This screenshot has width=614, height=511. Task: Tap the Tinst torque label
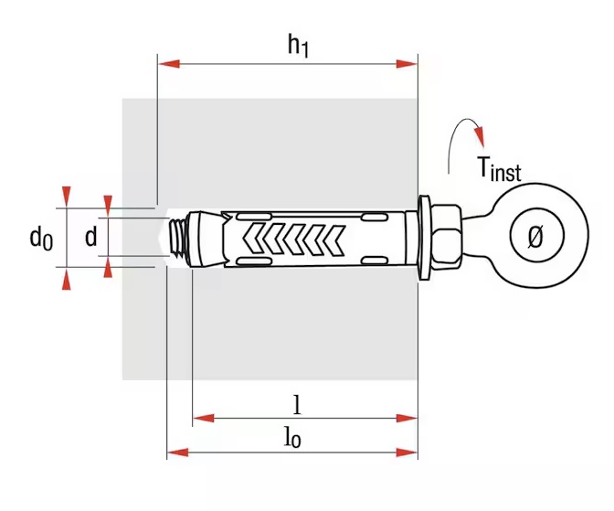click(x=498, y=169)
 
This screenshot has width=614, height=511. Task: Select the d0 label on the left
click(x=40, y=239)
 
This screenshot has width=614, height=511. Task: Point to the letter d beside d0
click(x=90, y=238)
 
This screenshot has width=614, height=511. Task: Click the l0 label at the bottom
click(x=292, y=438)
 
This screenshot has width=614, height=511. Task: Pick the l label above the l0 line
click(x=295, y=402)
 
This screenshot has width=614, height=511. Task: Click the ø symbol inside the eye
click(x=535, y=238)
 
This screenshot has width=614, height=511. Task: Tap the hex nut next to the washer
click(x=447, y=239)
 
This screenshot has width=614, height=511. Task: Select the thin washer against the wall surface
click(x=425, y=239)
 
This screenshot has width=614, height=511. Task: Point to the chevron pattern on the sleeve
click(x=292, y=239)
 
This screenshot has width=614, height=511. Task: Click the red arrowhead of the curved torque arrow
click(x=478, y=135)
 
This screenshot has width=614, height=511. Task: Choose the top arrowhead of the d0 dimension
click(x=64, y=196)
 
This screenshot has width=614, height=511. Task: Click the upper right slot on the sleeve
click(x=376, y=218)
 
